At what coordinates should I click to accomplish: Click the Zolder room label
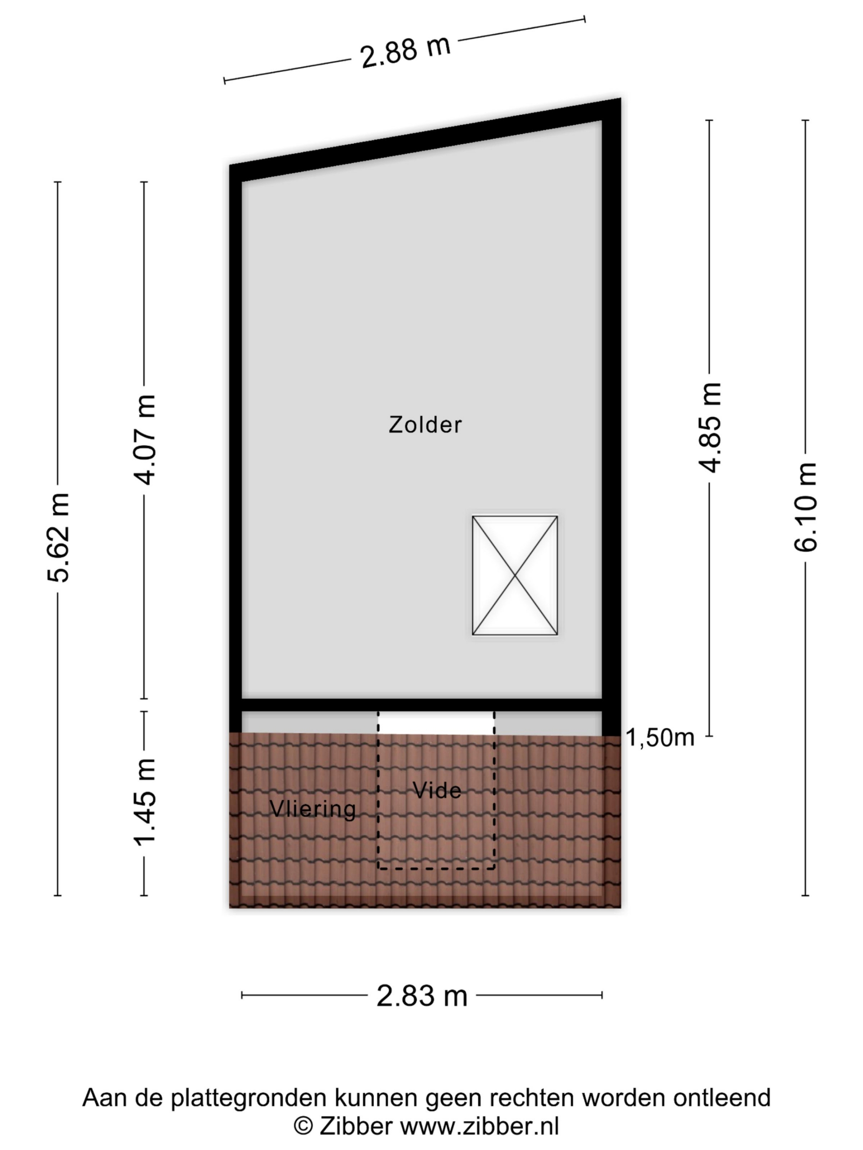(x=425, y=425)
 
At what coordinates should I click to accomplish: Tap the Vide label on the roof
(x=436, y=790)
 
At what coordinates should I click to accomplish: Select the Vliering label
(x=313, y=809)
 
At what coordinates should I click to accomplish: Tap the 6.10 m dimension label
(x=806, y=507)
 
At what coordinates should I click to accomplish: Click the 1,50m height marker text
(x=659, y=738)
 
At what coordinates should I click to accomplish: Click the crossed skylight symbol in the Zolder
(x=515, y=575)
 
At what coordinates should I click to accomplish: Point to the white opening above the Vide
(x=436, y=723)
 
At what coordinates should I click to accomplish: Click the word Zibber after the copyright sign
(x=356, y=1126)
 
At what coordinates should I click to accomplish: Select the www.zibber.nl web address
(x=480, y=1126)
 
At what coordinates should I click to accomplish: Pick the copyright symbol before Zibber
(x=303, y=1127)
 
